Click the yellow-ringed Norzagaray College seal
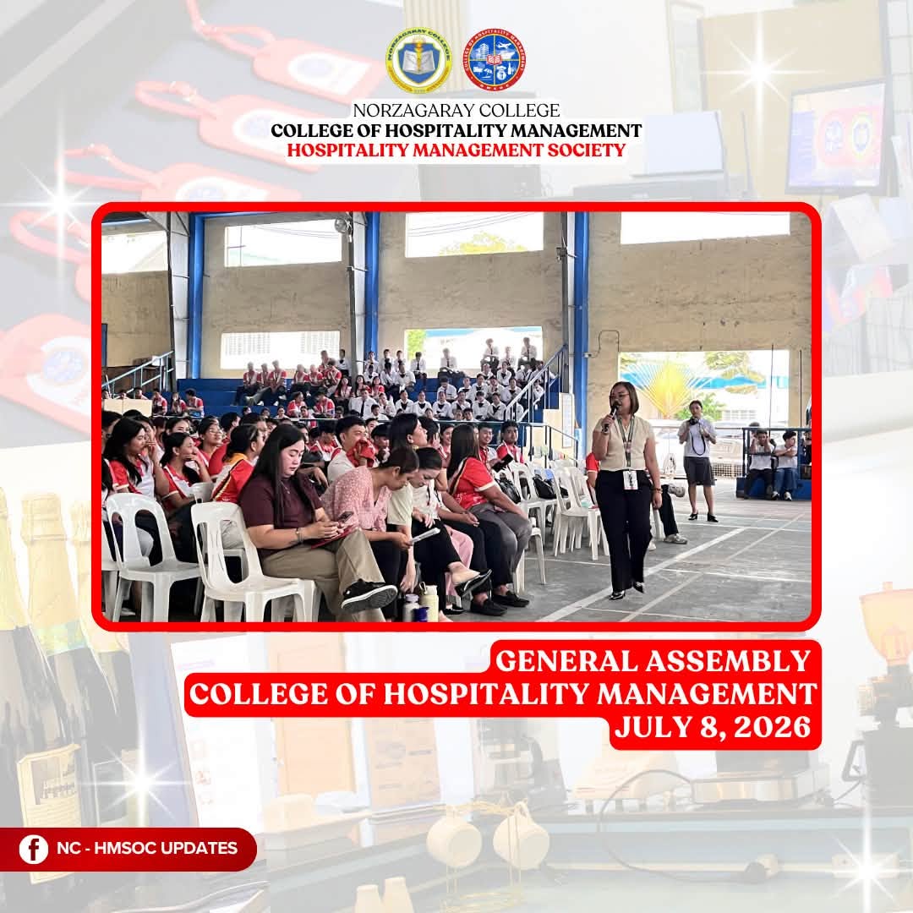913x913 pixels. [418, 61]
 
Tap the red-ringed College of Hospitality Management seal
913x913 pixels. [495, 59]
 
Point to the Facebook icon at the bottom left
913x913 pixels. [34, 849]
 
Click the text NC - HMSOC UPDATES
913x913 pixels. [147, 848]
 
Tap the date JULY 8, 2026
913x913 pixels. [713, 727]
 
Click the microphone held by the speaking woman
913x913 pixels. [611, 415]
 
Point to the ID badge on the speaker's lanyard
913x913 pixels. [630, 479]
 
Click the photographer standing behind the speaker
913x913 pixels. [697, 458]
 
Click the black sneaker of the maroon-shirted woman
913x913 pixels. [369, 595]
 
